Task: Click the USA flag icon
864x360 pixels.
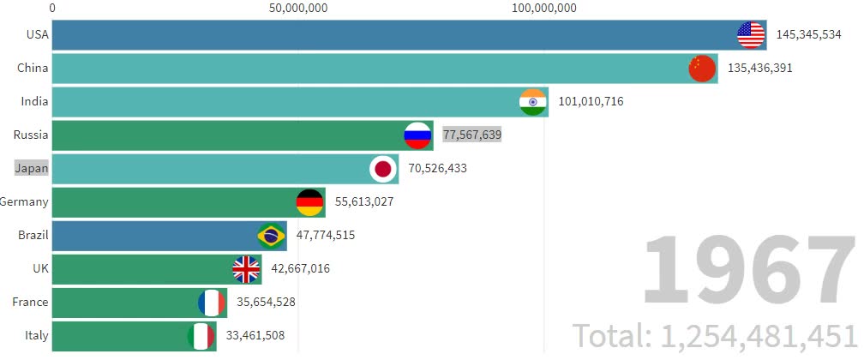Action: point(751,35)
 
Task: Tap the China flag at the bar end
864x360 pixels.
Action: point(702,69)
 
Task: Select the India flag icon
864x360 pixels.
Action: point(533,102)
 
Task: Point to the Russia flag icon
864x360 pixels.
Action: point(417,135)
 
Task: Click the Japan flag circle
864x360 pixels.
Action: point(382,169)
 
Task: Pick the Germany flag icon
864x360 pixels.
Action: point(309,202)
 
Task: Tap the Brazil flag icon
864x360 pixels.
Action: point(271,236)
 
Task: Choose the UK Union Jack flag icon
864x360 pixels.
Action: point(247,269)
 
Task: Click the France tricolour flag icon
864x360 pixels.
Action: point(211,303)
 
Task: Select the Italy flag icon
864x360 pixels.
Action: point(201,336)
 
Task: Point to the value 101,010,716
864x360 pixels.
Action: point(591,102)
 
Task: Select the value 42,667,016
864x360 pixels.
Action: point(300,269)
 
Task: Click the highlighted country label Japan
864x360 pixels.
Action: point(32,168)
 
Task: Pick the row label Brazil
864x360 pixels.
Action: point(33,235)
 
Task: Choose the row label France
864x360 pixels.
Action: point(30,302)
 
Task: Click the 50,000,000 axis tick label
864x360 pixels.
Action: point(297,9)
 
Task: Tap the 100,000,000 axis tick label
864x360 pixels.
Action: point(544,9)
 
